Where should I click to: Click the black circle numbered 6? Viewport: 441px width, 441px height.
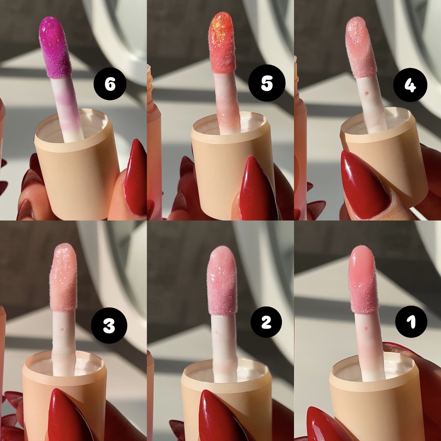click(x=110, y=84)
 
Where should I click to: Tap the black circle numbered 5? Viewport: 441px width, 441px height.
click(x=266, y=83)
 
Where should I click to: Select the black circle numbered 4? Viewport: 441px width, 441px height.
click(x=410, y=85)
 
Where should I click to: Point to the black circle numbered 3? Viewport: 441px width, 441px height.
click(x=109, y=325)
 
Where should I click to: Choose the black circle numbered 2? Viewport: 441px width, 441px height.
click(x=266, y=322)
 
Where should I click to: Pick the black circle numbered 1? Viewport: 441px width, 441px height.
click(x=411, y=322)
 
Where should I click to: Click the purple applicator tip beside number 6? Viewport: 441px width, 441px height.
click(x=55, y=47)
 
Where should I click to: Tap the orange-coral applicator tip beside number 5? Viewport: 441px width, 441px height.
click(x=222, y=43)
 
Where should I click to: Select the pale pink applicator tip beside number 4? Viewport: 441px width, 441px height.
click(x=361, y=47)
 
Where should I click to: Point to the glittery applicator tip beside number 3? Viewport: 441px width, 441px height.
click(x=63, y=277)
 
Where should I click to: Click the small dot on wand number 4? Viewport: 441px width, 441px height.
click(x=366, y=93)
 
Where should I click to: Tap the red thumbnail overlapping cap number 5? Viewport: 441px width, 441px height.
click(x=257, y=190)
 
